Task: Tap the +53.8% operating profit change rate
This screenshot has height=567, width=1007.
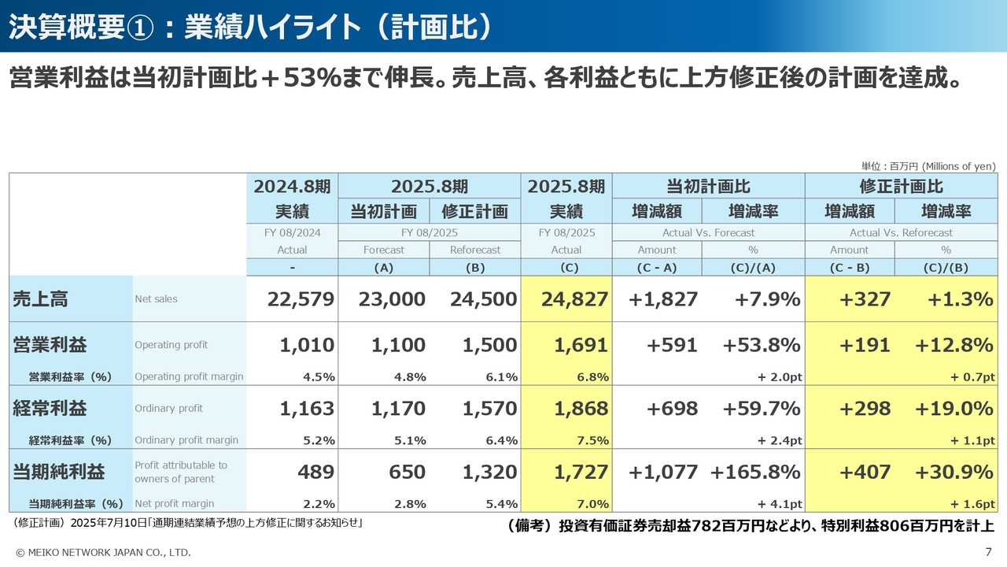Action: click(x=761, y=345)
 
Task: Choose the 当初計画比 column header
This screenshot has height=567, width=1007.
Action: click(x=708, y=187)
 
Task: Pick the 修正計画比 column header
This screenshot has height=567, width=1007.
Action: click(x=901, y=187)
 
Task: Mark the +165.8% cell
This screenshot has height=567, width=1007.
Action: click(x=755, y=472)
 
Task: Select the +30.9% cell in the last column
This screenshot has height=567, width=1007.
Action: click(x=954, y=472)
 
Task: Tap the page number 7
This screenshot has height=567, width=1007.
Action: click(x=988, y=552)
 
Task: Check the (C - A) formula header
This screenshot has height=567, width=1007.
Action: click(x=657, y=268)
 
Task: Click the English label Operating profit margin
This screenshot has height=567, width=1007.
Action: click(x=189, y=376)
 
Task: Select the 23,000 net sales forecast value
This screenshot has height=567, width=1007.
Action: click(x=392, y=299)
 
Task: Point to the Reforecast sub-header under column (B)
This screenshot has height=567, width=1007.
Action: click(x=475, y=250)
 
